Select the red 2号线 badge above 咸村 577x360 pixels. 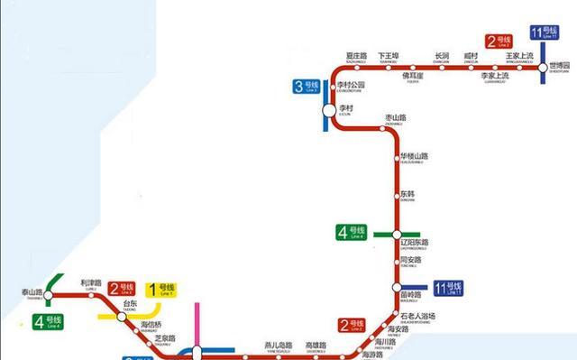tap(499, 41)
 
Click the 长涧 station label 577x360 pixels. tap(441, 57)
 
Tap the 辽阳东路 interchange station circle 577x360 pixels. tap(397, 233)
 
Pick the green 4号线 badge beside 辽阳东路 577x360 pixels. tap(352, 233)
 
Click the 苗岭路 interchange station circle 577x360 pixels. tap(397, 289)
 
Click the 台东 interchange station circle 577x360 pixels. tap(121, 316)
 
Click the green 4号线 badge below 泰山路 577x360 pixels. tap(48, 321)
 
